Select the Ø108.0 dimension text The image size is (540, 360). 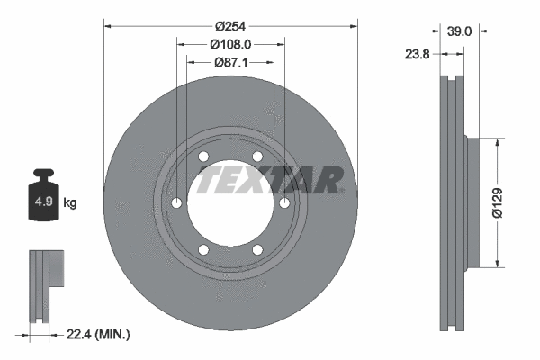231,44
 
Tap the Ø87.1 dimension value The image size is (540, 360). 232,62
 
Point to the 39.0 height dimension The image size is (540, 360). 460,31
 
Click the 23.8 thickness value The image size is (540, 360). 418,54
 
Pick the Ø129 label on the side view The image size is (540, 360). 509,202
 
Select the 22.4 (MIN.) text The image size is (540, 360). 99,335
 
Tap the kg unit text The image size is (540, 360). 69,203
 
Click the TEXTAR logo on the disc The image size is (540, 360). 270,179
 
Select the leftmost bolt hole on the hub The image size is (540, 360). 176,203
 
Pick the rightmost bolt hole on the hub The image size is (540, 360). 284,203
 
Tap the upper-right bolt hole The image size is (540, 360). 257,157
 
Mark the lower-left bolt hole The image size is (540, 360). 203,249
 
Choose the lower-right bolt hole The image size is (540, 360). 257,249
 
